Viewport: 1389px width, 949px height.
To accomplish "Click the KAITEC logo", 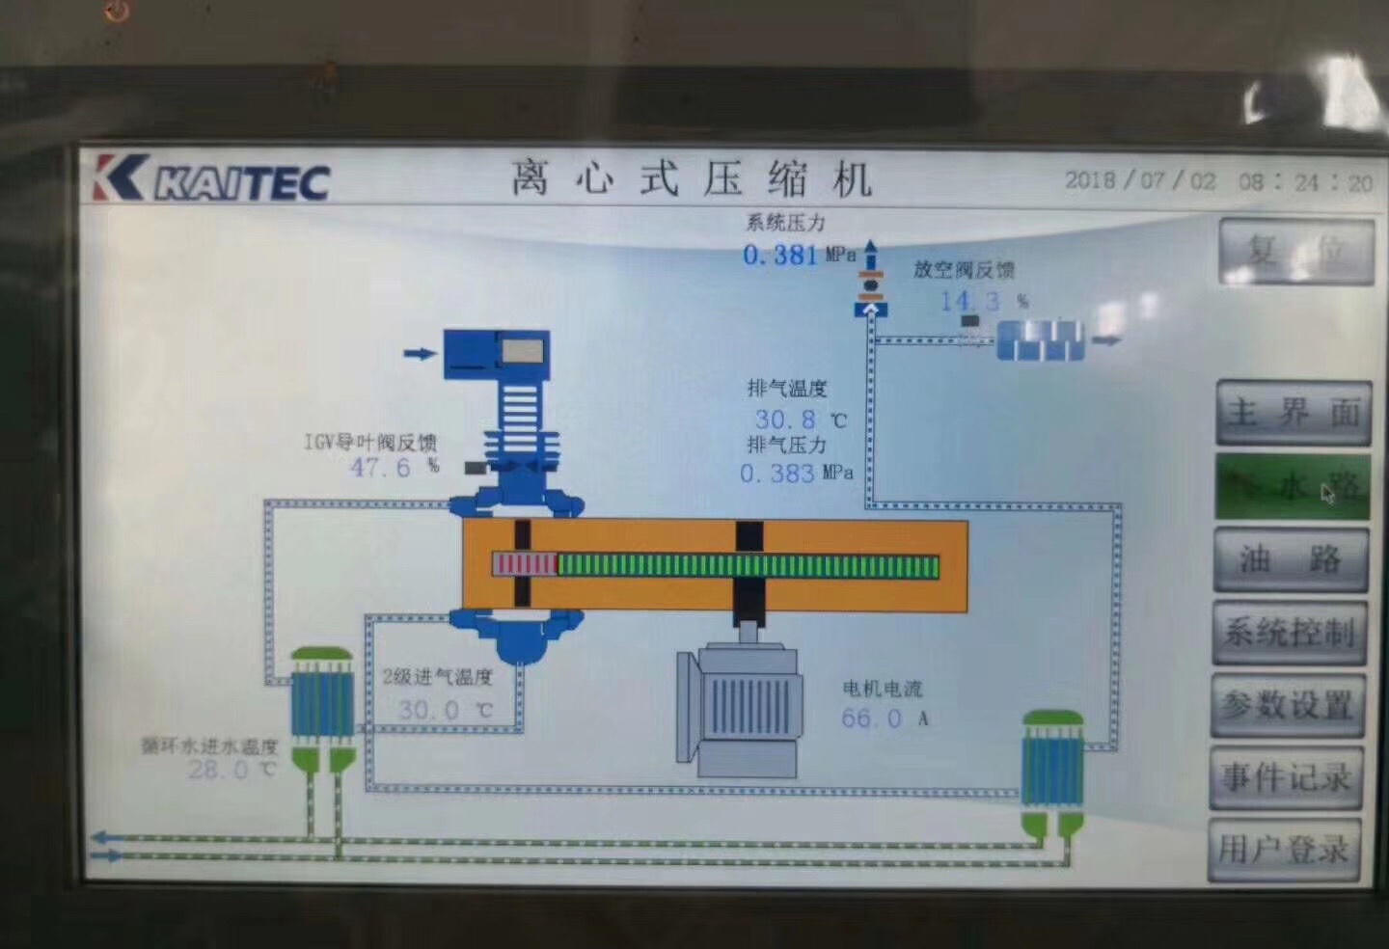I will (x=212, y=178).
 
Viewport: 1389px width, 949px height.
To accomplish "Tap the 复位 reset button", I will (x=1295, y=252).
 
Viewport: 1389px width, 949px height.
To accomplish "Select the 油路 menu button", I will (x=1291, y=559).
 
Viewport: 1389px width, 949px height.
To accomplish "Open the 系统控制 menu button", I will (x=1290, y=633).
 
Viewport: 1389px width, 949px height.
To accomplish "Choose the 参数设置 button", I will (x=1288, y=705).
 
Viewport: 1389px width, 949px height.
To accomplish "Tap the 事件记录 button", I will (x=1286, y=777).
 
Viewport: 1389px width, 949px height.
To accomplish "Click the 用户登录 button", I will (x=1283, y=850).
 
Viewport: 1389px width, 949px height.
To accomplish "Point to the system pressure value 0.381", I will (x=779, y=256).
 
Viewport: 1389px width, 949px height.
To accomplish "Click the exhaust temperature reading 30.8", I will (x=785, y=420).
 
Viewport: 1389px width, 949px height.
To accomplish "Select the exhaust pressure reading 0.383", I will (x=776, y=474).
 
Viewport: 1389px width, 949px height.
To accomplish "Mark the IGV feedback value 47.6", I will (x=380, y=468).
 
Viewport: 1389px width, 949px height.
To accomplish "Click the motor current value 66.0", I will (x=871, y=719).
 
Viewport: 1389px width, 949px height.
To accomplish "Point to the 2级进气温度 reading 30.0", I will (x=428, y=711).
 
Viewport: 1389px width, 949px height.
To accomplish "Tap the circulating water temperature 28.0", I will (x=218, y=770).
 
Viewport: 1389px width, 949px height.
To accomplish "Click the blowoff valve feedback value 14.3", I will (x=969, y=302).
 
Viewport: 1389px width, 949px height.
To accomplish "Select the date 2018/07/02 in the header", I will (x=1140, y=180).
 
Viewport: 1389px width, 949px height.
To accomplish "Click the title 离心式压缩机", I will (x=692, y=179).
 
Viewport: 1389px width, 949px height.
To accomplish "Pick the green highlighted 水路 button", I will (x=1293, y=487).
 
